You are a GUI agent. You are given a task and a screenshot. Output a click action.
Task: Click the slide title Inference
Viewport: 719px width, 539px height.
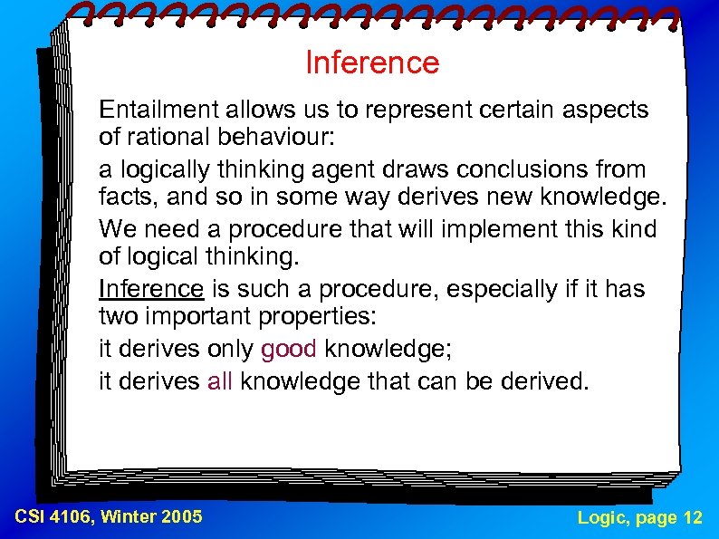coord(372,63)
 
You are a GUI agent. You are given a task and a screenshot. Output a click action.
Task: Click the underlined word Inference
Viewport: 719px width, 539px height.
coord(151,289)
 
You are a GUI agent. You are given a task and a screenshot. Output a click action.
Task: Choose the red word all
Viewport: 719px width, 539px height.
coord(220,381)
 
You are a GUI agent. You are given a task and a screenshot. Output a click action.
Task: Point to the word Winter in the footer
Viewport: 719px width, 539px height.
coord(127,517)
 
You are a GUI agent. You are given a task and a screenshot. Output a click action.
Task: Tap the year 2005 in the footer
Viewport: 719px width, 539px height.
coord(180,517)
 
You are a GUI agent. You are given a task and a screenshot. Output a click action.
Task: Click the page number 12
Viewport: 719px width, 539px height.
coord(693,517)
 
